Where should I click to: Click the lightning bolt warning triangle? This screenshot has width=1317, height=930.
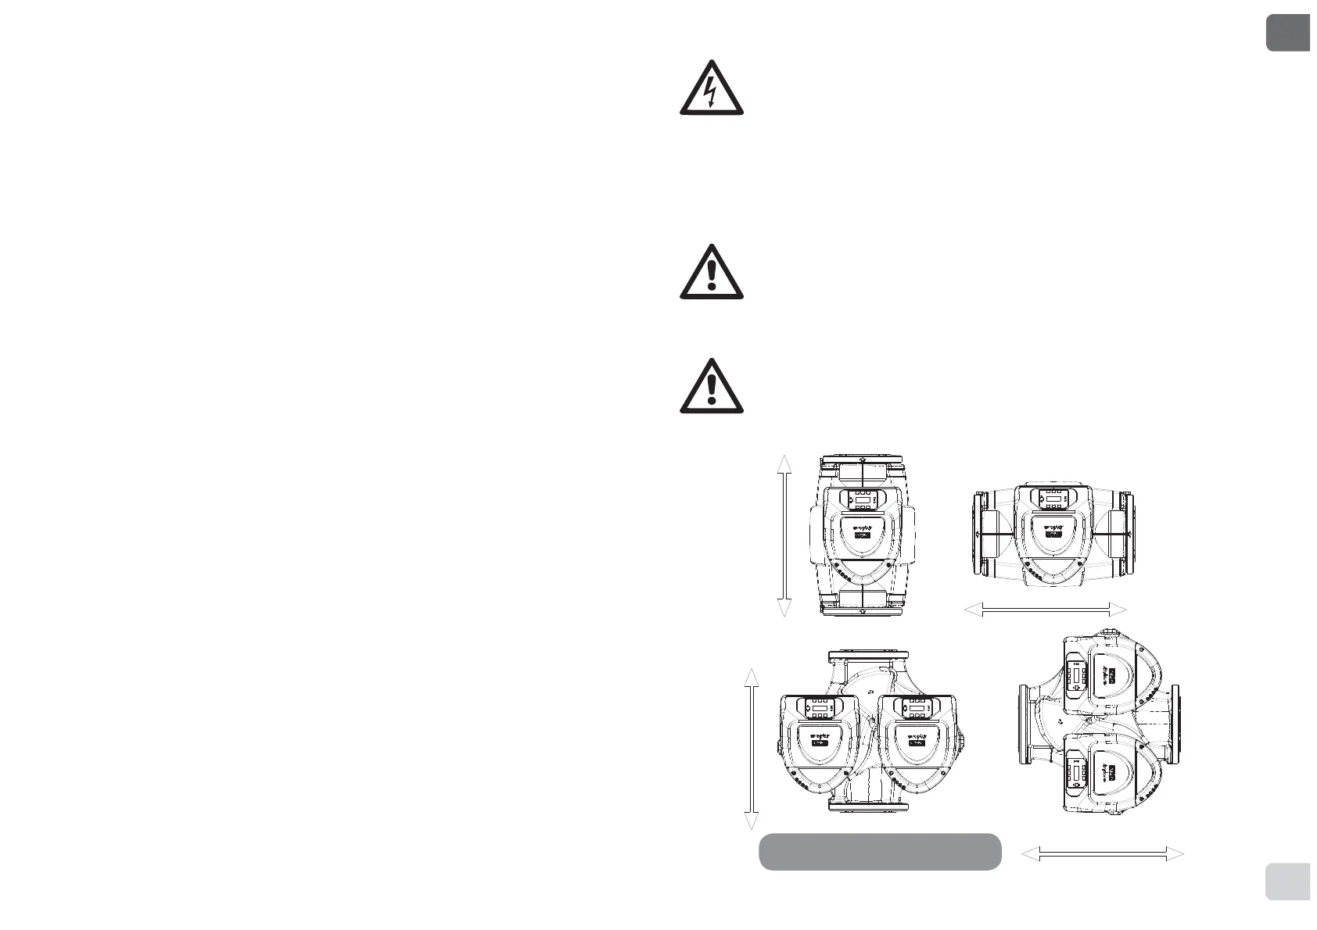[711, 89]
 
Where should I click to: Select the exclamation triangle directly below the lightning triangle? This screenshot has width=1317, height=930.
[711, 273]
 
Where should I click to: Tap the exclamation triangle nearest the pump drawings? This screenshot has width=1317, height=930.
[711, 387]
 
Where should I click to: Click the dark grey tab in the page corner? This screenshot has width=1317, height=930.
[1287, 32]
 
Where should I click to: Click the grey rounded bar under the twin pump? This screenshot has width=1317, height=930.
[880, 852]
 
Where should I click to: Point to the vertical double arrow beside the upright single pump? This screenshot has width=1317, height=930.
[784, 536]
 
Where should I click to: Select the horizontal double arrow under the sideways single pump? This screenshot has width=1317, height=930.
[1046, 610]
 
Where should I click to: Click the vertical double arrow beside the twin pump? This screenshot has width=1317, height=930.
[751, 748]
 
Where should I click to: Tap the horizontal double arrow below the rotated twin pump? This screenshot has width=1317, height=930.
[1103, 855]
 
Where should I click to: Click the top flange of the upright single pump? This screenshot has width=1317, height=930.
[861, 463]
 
